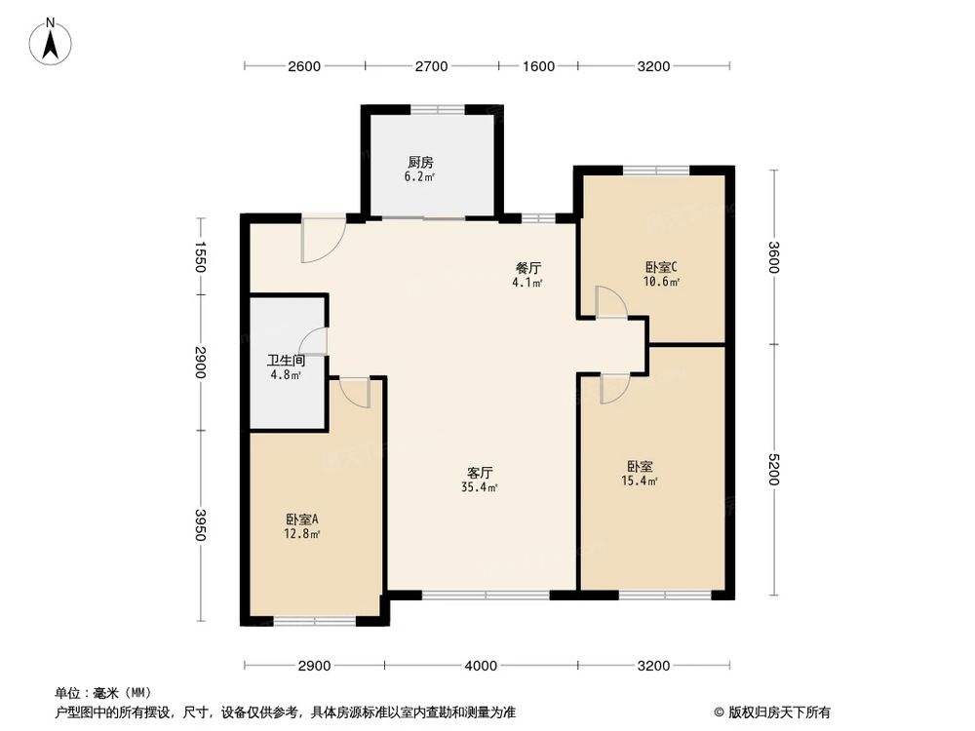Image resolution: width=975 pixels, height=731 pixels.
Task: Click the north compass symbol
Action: [54, 41]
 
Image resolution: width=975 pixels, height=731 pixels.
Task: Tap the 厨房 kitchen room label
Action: [420, 163]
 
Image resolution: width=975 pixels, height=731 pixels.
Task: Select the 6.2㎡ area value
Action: [420, 177]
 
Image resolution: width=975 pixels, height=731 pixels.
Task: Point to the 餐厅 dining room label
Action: [528, 268]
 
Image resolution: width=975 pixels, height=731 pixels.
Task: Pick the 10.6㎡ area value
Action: [661, 282]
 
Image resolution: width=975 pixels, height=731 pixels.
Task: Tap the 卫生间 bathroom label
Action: [286, 360]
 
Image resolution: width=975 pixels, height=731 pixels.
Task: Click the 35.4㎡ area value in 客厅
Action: [481, 486]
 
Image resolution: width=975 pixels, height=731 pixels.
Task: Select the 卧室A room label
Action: [303, 519]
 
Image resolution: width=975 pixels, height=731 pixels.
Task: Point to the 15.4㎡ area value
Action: [641, 481]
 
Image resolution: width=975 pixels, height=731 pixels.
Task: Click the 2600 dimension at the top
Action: [304, 66]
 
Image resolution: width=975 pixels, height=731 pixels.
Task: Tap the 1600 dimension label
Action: [538, 66]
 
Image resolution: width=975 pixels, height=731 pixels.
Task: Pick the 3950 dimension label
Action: [201, 525]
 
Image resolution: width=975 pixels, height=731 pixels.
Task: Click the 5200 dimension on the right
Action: [774, 470]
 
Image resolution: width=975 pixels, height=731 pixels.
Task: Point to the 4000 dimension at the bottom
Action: [481, 666]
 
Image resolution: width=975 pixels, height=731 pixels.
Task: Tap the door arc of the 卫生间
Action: [314, 341]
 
